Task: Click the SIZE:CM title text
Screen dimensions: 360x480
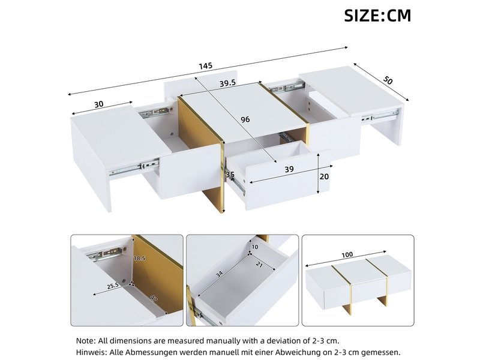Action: coord(377,16)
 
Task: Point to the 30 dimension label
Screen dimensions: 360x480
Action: coord(99,104)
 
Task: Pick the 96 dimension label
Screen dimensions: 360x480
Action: coord(245,119)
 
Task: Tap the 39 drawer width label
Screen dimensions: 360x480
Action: coord(289,170)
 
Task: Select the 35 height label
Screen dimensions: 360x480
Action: coord(230,175)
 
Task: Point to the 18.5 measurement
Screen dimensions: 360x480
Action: coord(139,259)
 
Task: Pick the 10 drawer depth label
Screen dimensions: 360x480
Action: coord(254,247)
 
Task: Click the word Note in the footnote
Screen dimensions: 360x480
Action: coord(86,340)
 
